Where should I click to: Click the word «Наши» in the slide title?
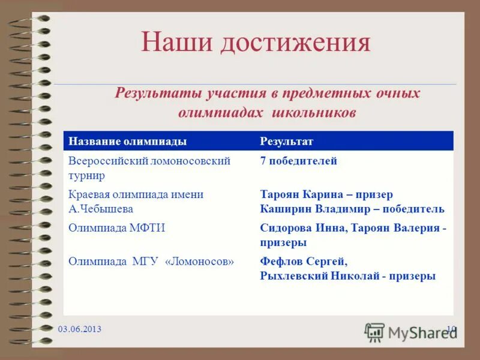click(176, 43)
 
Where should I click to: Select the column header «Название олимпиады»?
click(127, 141)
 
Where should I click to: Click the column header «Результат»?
click(287, 141)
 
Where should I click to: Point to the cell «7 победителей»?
click(299, 161)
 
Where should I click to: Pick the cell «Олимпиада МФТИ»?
click(116, 228)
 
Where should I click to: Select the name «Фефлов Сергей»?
click(303, 262)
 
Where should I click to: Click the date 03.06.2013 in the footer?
click(80, 329)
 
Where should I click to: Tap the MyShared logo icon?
click(374, 332)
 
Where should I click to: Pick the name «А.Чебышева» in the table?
click(101, 209)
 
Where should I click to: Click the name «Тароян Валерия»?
click(395, 228)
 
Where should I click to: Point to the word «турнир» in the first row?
click(86, 175)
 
